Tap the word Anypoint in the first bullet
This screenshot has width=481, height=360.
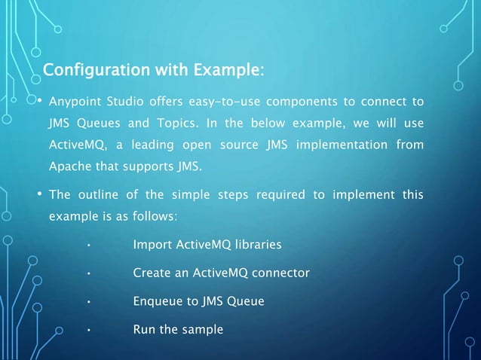(73, 102)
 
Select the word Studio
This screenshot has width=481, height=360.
(127, 102)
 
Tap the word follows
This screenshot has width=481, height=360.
(154, 216)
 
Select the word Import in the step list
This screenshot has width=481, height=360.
(151, 245)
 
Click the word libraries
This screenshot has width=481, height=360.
(256, 245)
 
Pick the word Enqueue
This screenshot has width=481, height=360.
(156, 301)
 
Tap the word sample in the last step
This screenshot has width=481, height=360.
(204, 329)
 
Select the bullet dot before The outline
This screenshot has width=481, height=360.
(40, 195)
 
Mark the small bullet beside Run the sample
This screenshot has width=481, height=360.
(89, 330)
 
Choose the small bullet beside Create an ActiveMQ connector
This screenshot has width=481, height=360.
(89, 273)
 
